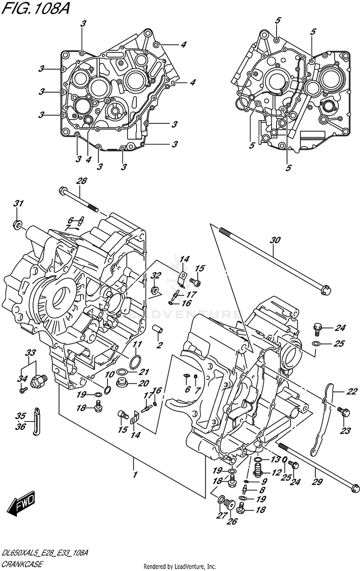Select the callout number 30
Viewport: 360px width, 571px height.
pyautogui.click(x=274, y=240)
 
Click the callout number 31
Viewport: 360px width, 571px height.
pyautogui.click(x=18, y=204)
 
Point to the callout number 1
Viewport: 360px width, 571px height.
pyautogui.click(x=135, y=475)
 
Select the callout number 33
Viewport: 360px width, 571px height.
pyautogui.click(x=31, y=353)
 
